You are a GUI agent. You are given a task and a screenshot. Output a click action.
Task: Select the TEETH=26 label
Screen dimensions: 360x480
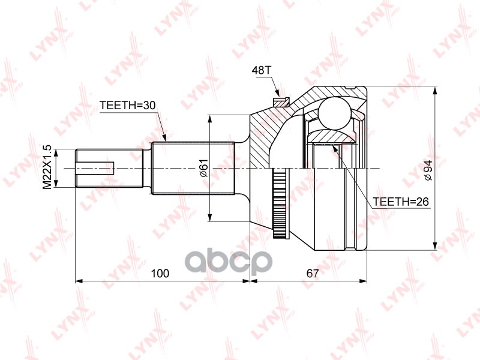[x=401, y=202]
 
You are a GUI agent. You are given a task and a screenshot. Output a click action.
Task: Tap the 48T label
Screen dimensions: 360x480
[x=262, y=71]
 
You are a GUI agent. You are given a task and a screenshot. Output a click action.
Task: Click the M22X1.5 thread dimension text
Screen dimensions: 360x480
[x=46, y=167]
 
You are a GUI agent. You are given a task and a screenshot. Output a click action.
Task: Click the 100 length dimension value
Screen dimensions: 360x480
[x=160, y=274]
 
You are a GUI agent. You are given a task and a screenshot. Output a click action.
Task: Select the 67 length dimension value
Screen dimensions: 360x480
[x=311, y=274]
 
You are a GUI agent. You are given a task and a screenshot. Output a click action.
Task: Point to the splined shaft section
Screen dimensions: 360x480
[x=192, y=168]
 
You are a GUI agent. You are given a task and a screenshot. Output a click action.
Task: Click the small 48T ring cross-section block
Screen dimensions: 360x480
[x=278, y=97]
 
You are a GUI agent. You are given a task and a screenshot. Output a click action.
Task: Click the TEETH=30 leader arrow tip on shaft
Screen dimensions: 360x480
[x=164, y=139]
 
